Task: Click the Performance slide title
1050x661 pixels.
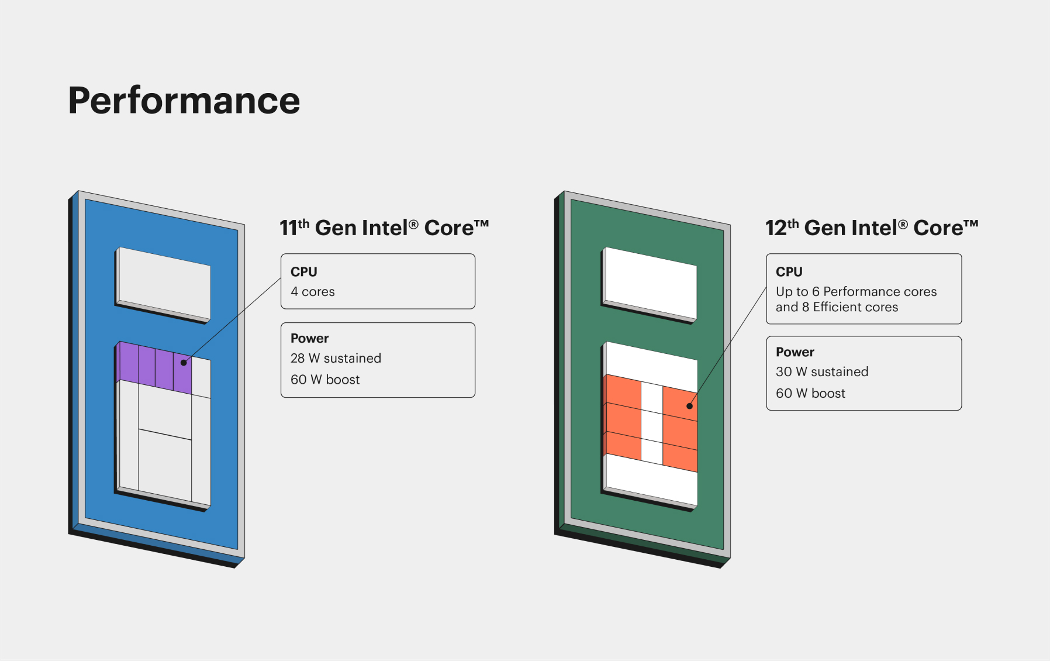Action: click(184, 101)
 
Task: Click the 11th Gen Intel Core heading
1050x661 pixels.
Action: click(384, 228)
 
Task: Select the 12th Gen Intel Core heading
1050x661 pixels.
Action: click(872, 228)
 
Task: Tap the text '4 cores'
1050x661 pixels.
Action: click(313, 292)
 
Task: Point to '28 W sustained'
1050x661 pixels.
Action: click(336, 358)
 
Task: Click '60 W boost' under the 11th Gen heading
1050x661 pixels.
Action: click(325, 380)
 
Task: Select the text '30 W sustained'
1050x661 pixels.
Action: click(822, 371)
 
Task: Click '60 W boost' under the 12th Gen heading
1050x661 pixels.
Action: click(810, 393)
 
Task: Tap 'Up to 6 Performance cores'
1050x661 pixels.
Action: click(856, 291)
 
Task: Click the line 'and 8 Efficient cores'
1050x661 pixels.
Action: click(837, 307)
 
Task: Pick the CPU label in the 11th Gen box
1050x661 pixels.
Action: click(304, 272)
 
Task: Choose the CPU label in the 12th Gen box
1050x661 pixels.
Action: click(789, 272)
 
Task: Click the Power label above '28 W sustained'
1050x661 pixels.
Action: click(310, 338)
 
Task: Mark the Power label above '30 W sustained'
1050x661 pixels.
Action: click(795, 352)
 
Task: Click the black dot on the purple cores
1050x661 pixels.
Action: click(184, 363)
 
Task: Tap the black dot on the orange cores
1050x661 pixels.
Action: click(690, 406)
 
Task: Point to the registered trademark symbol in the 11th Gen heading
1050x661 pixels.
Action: click(413, 224)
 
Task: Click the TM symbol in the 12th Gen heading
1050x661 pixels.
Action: click(970, 224)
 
